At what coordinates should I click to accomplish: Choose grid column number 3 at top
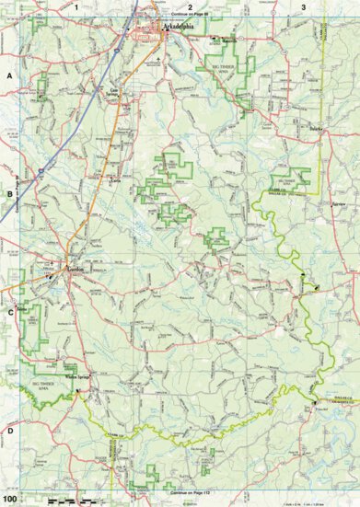[x=303, y=6]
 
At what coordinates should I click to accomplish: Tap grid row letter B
[x=8, y=193]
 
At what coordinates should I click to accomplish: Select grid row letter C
[x=8, y=311]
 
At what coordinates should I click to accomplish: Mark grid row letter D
[x=8, y=430]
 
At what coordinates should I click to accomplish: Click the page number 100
[x=9, y=500]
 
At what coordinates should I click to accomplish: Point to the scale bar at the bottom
[x=69, y=500]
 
